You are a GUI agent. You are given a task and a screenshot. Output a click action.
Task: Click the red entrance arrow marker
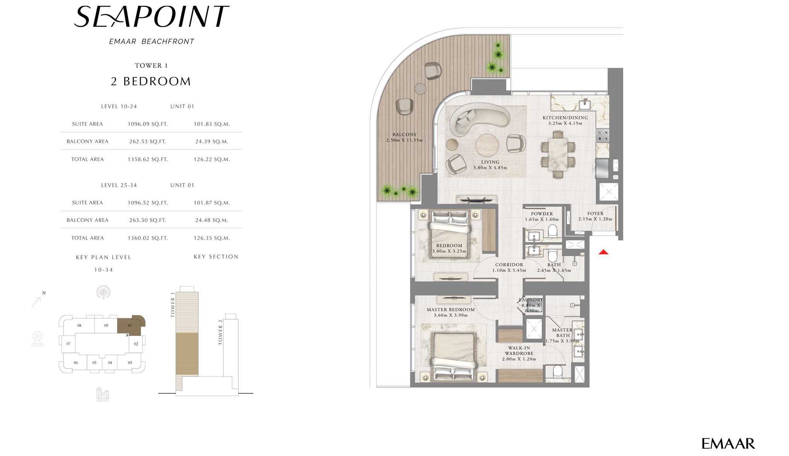(603, 252)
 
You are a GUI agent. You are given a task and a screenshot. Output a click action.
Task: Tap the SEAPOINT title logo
(152, 17)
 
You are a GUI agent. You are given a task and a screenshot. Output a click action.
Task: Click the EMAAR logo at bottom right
(728, 444)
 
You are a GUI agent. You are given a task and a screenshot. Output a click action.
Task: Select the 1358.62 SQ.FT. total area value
(148, 159)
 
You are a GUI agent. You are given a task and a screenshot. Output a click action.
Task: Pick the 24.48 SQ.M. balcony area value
(212, 220)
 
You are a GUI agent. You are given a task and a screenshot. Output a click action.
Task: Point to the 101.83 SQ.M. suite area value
(212, 124)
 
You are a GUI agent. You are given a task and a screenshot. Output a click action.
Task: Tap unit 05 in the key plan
(94, 362)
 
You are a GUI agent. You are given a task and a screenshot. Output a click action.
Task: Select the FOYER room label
(595, 213)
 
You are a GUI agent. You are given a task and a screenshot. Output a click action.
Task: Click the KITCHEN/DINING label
(565, 117)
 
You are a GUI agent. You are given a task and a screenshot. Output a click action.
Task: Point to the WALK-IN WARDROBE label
(519, 351)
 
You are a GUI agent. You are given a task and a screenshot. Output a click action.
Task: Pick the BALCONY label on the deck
(405, 134)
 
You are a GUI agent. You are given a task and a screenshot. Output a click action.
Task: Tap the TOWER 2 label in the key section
(220, 332)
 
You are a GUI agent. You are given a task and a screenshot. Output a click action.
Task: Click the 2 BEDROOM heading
(151, 81)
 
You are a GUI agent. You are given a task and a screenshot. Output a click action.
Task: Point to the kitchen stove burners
(603, 136)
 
